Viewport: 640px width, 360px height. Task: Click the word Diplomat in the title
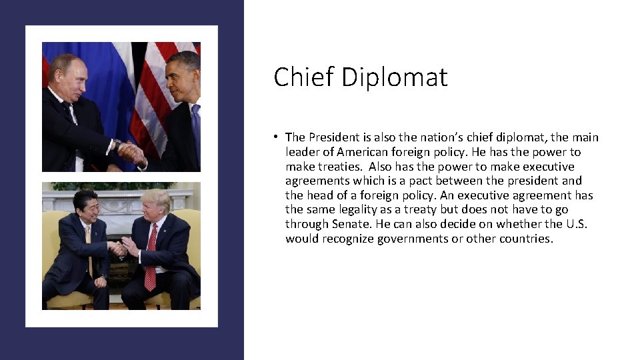pos(394,77)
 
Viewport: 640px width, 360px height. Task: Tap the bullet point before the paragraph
pos(275,137)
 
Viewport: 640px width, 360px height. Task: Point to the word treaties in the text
pos(339,167)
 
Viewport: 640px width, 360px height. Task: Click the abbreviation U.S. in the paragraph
pos(575,224)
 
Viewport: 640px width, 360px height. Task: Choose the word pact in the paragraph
pos(419,181)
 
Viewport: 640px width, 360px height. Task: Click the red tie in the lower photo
pos(151,257)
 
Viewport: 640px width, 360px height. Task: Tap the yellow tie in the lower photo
pos(89,250)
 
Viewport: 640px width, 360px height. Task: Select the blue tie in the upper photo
pos(195,127)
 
